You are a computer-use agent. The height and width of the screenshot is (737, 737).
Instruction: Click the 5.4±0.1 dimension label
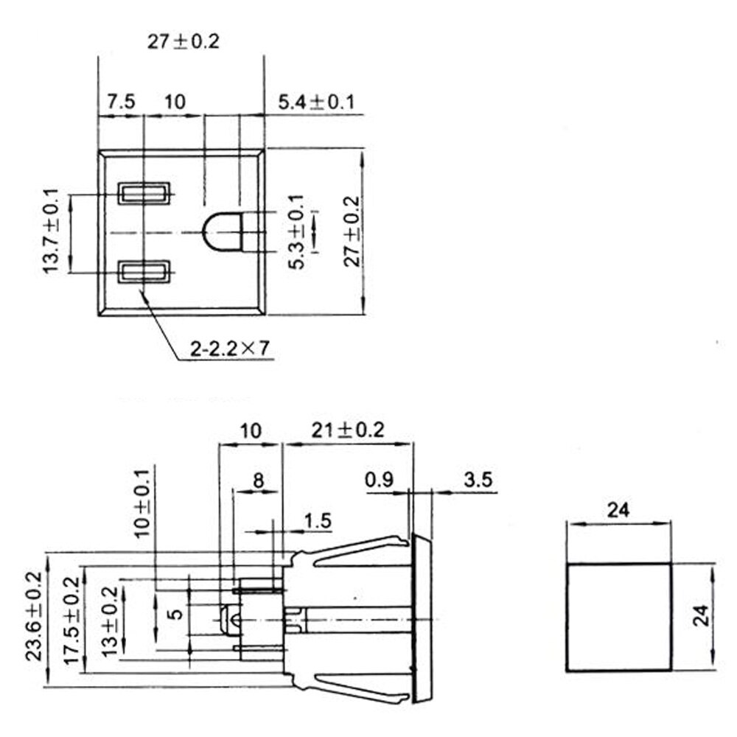(315, 102)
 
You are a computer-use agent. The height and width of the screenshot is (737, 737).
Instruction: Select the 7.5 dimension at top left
(119, 102)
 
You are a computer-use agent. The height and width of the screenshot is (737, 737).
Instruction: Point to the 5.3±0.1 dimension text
(296, 232)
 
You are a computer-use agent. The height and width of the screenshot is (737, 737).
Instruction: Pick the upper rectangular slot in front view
(145, 195)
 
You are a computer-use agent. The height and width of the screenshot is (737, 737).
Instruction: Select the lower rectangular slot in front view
(145, 272)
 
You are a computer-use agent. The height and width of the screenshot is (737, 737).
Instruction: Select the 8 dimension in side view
(257, 481)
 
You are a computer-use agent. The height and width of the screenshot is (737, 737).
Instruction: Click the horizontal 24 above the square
(620, 509)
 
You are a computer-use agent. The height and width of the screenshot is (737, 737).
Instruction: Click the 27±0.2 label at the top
(183, 41)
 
